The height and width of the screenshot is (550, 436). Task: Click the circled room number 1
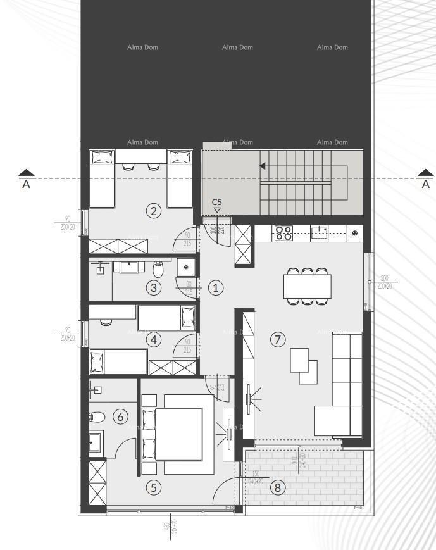pos(216,287)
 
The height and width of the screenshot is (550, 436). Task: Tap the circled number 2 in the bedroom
pos(153,211)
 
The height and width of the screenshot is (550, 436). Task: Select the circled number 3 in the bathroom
pos(153,287)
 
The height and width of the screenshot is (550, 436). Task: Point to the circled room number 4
pos(153,339)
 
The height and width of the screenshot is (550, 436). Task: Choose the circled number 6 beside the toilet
pos(120,416)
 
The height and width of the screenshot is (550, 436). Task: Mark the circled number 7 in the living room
pos(277,339)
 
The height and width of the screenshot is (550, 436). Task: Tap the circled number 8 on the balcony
pos(277,487)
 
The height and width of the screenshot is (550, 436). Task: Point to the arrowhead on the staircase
pos(262,166)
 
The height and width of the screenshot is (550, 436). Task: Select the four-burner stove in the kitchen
pos(283,232)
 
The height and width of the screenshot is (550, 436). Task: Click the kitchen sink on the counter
pos(319,232)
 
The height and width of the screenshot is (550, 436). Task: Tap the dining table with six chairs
pos(307,285)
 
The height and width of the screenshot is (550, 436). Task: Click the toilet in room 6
pos(97,418)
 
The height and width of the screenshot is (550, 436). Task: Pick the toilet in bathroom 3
pos(159,269)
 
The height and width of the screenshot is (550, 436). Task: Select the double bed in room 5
pos(179,434)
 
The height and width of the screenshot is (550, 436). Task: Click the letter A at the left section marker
pos(26,185)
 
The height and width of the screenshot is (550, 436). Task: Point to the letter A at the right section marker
pos(426,185)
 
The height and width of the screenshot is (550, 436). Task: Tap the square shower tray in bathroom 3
pos(186,267)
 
